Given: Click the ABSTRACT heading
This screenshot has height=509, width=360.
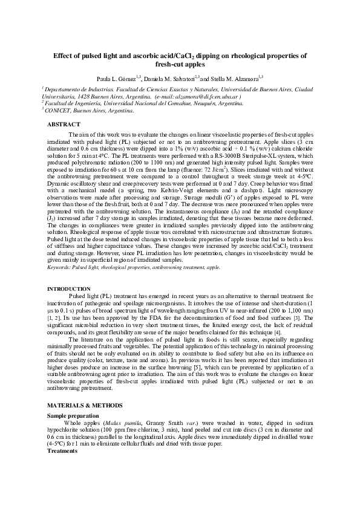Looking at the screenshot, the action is click(64, 124).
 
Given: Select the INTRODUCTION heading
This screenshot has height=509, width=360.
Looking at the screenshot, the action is click(69, 289).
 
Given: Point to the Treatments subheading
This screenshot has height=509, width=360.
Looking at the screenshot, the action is click(62, 450).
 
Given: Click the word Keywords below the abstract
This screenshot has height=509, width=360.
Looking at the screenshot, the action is click(59, 266).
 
